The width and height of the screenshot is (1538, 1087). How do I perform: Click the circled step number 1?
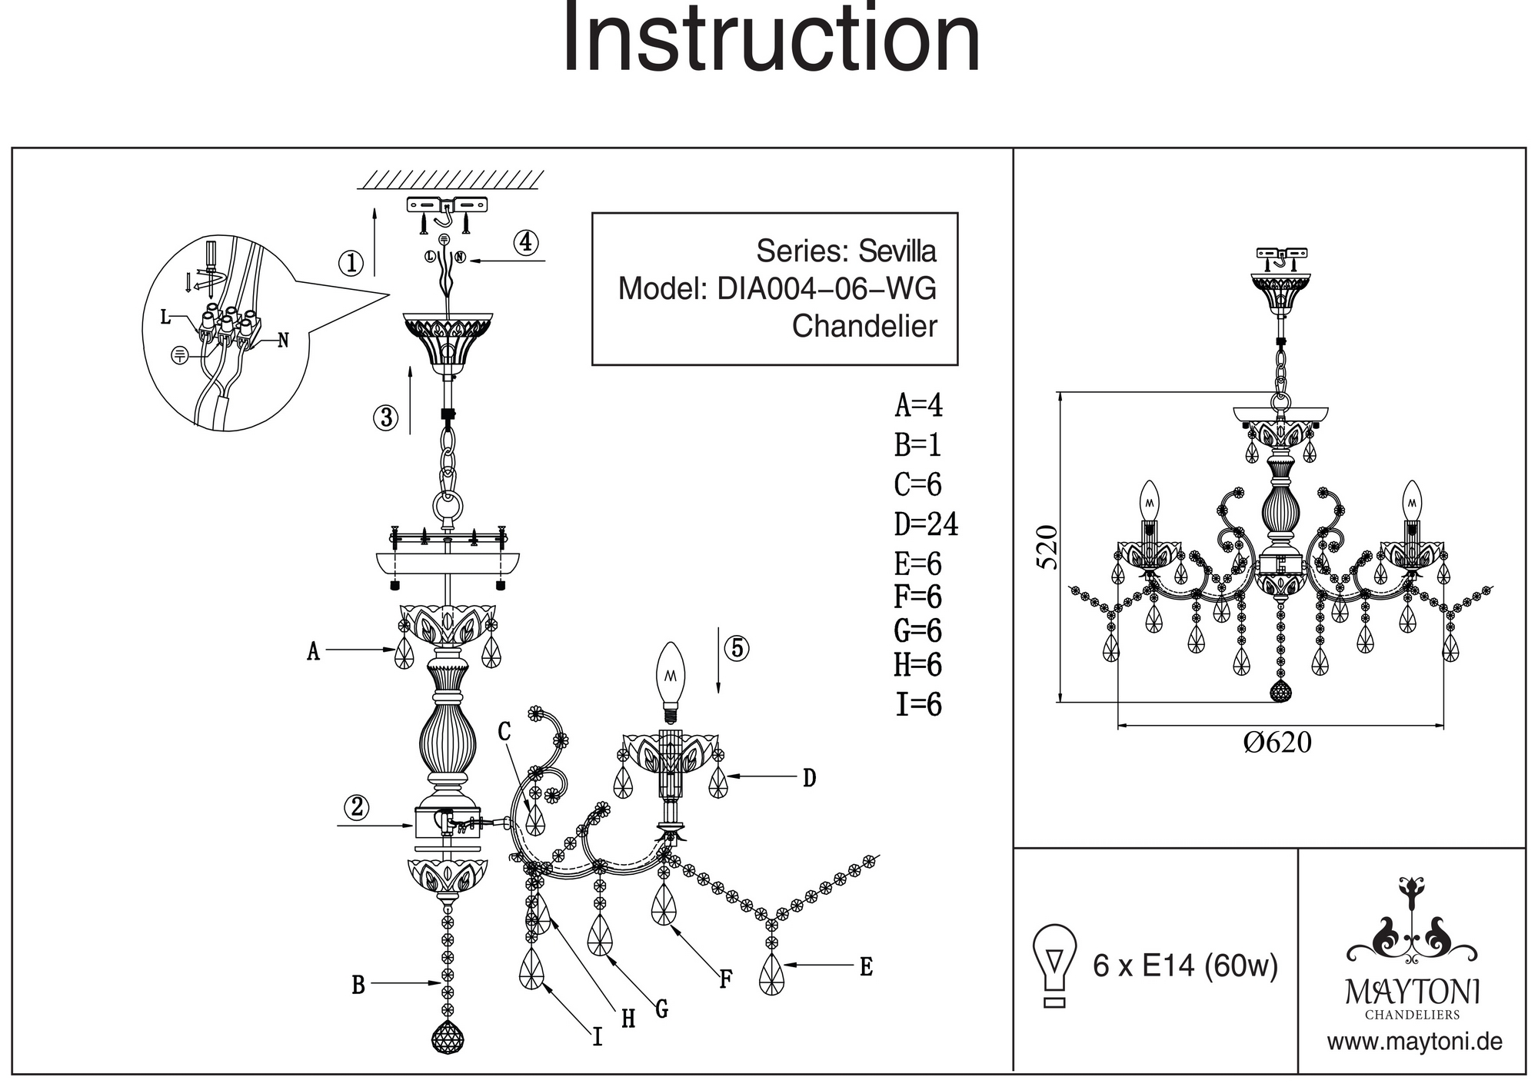coord(351,264)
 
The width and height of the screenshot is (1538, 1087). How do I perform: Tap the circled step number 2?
coord(356,807)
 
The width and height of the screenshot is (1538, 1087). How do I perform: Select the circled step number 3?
coord(385,418)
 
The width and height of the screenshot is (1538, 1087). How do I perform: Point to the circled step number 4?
coord(526,243)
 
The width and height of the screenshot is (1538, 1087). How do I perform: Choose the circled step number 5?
coord(737,648)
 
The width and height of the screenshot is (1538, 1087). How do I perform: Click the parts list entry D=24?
coord(926,524)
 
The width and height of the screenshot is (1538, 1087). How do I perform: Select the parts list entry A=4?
coord(918,405)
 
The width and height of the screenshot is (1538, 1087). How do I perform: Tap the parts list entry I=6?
coord(918,705)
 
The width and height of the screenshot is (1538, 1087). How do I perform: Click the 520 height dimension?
coord(1047,547)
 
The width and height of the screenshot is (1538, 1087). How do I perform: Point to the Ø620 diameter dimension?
coord(1277,743)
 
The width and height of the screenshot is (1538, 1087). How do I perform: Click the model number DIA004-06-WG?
coord(827,289)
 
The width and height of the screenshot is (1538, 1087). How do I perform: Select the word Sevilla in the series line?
coord(897,251)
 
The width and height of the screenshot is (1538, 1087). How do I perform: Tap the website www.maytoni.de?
coord(1414,1042)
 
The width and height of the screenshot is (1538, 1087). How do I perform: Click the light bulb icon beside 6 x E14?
coord(1055,966)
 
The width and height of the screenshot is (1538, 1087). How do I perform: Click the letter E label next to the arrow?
coord(866,967)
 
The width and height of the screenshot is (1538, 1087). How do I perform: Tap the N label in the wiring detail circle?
coord(283,340)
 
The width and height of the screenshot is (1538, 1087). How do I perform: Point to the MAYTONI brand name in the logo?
coord(1412,992)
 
